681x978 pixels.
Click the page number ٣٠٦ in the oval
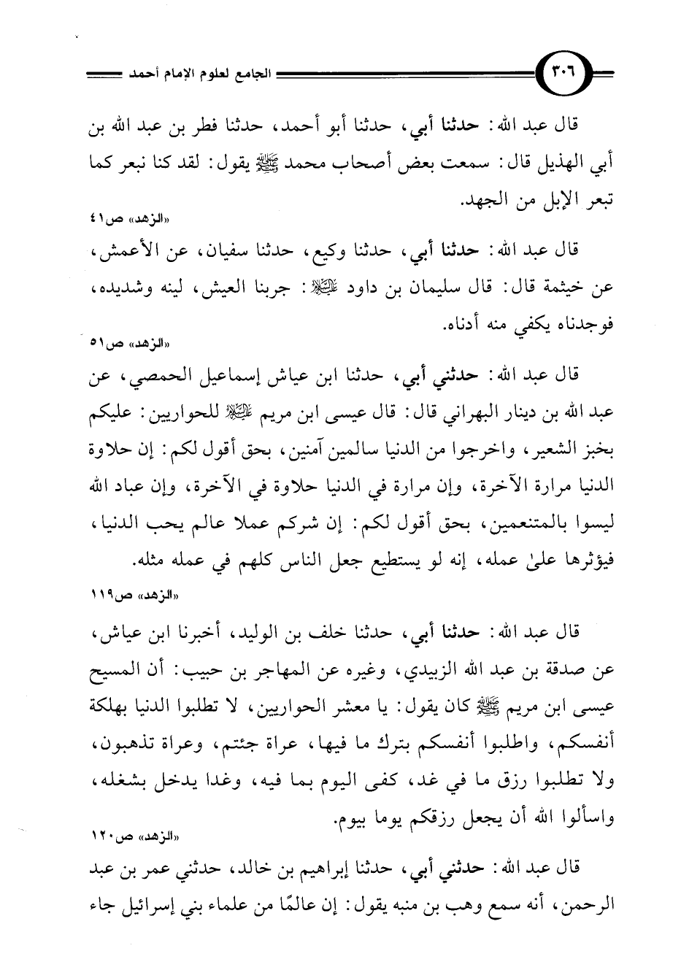567,75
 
